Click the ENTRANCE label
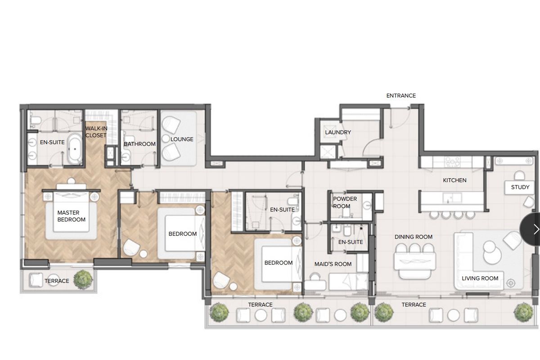coord(401,96)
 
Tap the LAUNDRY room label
coord(338,132)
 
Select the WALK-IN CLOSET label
coord(96,132)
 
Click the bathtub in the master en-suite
coord(75,149)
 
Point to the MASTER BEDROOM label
coord(72,216)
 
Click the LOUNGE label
coord(182,139)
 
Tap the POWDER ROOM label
coord(345,202)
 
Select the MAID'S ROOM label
coord(333,264)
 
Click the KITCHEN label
coord(454,180)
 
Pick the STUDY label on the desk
coord(520,187)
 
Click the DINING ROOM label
coord(413,237)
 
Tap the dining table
coord(415,261)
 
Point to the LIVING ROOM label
coord(480,279)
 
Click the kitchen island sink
coord(452,198)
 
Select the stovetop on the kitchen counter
coord(453,162)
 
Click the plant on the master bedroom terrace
coord(83,280)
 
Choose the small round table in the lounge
coord(166,139)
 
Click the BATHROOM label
coord(139,144)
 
